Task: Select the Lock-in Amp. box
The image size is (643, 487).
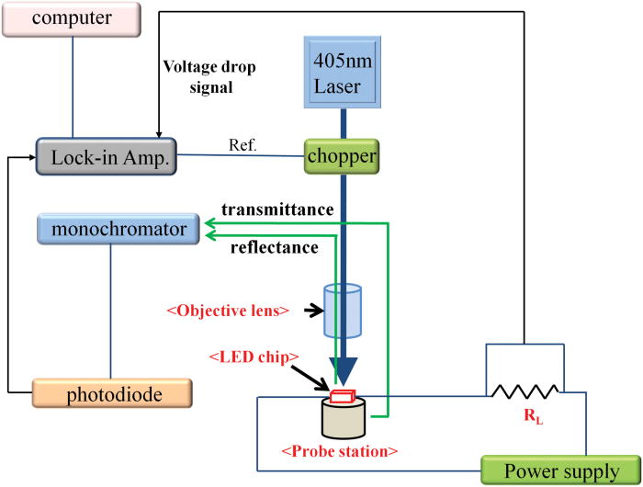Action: tap(107, 156)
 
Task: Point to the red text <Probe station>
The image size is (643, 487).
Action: tap(341, 453)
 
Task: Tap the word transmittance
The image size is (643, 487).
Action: tap(275, 210)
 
